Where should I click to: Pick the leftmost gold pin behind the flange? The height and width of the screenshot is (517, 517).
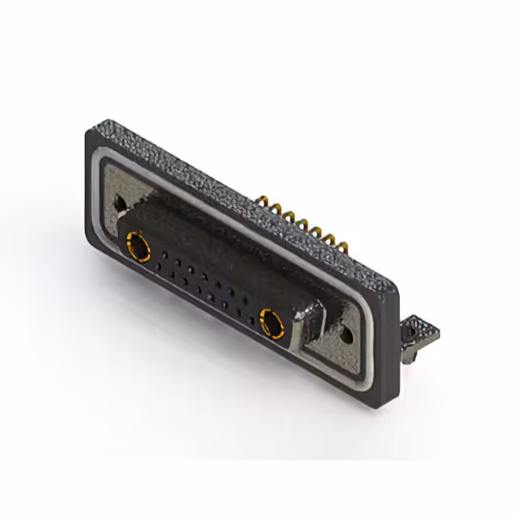point(266,200)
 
